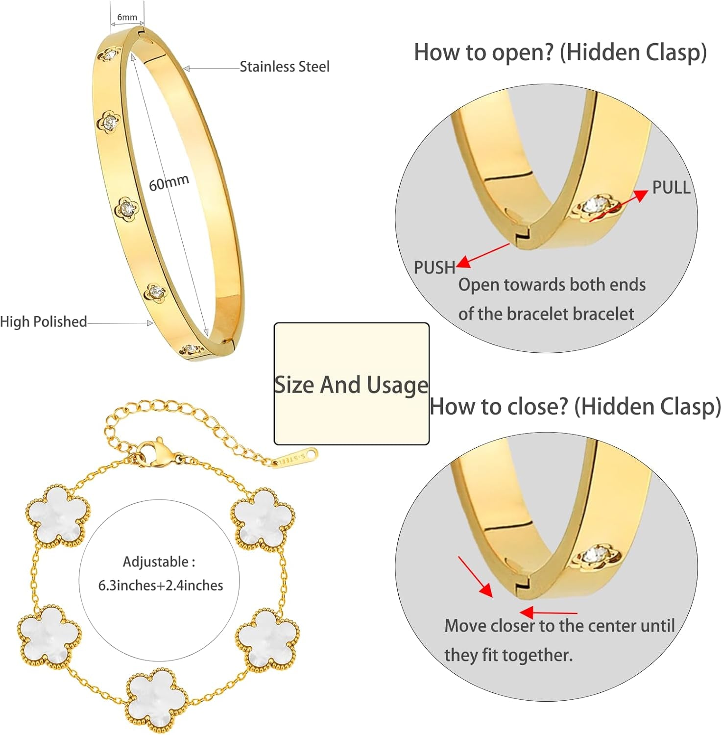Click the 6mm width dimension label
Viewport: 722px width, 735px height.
pos(127,17)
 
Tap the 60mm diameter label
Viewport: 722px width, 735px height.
pos(169,183)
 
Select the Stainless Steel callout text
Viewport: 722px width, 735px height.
pos(285,67)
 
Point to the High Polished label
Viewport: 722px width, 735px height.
pos(43,321)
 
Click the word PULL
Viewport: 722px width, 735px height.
pos(671,187)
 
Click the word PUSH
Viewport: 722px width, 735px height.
pos(434,268)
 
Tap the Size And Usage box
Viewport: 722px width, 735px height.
pos(352,384)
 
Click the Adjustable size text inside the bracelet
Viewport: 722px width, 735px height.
pos(160,573)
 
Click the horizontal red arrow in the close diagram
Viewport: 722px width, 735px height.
pos(548,612)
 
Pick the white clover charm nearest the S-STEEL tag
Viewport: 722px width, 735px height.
pos(263,519)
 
